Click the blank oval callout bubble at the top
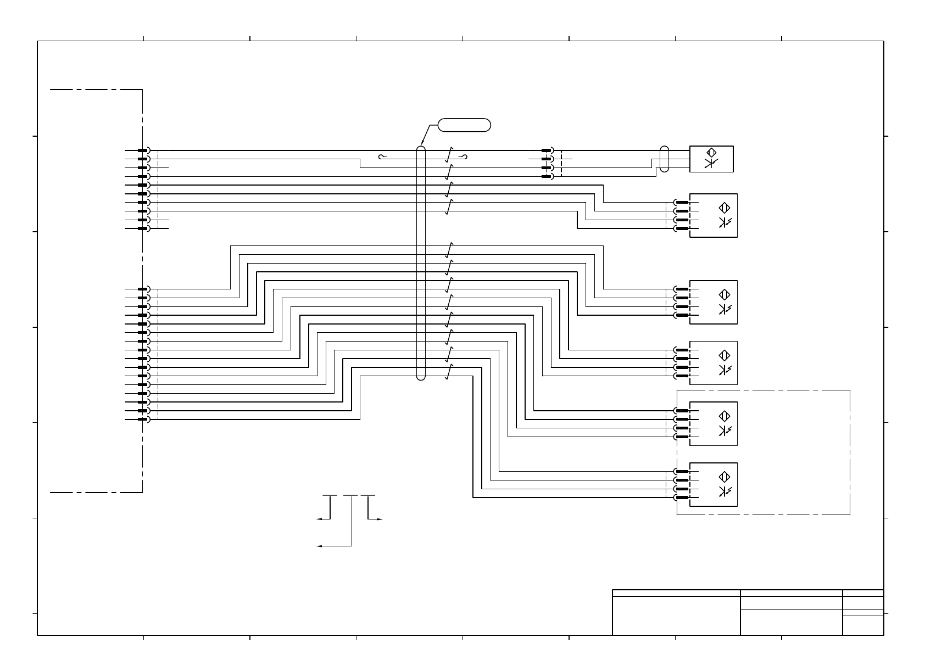click(x=464, y=125)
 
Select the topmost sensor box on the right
click(x=711, y=159)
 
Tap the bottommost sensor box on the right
click(x=713, y=484)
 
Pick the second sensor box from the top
click(x=713, y=215)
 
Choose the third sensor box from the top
click(x=713, y=302)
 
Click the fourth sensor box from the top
click(x=713, y=363)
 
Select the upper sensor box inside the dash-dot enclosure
click(x=713, y=423)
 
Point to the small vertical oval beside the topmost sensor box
click(x=664, y=159)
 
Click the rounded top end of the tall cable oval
click(x=421, y=147)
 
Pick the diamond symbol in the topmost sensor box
click(x=711, y=153)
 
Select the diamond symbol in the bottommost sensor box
click(x=725, y=477)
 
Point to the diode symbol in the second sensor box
click(x=725, y=222)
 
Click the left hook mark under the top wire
click(x=382, y=158)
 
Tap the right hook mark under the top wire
click(x=465, y=158)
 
